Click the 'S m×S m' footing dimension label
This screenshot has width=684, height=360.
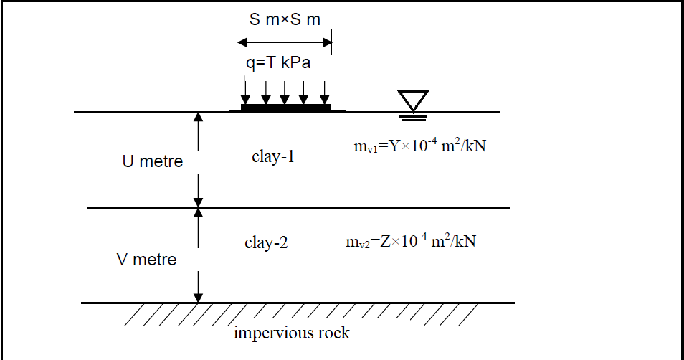click(x=285, y=19)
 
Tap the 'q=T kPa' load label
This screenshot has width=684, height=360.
click(x=278, y=63)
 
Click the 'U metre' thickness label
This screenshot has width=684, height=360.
click(x=152, y=161)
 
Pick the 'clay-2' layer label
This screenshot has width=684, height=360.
click(x=266, y=242)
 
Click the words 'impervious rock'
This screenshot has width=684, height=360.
click(x=292, y=333)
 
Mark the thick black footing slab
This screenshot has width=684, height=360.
click(x=285, y=108)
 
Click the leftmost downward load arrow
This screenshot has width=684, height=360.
click(x=246, y=91)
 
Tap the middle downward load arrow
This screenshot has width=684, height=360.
click(x=285, y=91)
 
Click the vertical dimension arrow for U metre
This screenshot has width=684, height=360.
click(x=199, y=159)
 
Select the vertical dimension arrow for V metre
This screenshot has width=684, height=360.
click(x=199, y=255)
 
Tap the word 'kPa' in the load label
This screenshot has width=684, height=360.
click(x=295, y=63)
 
